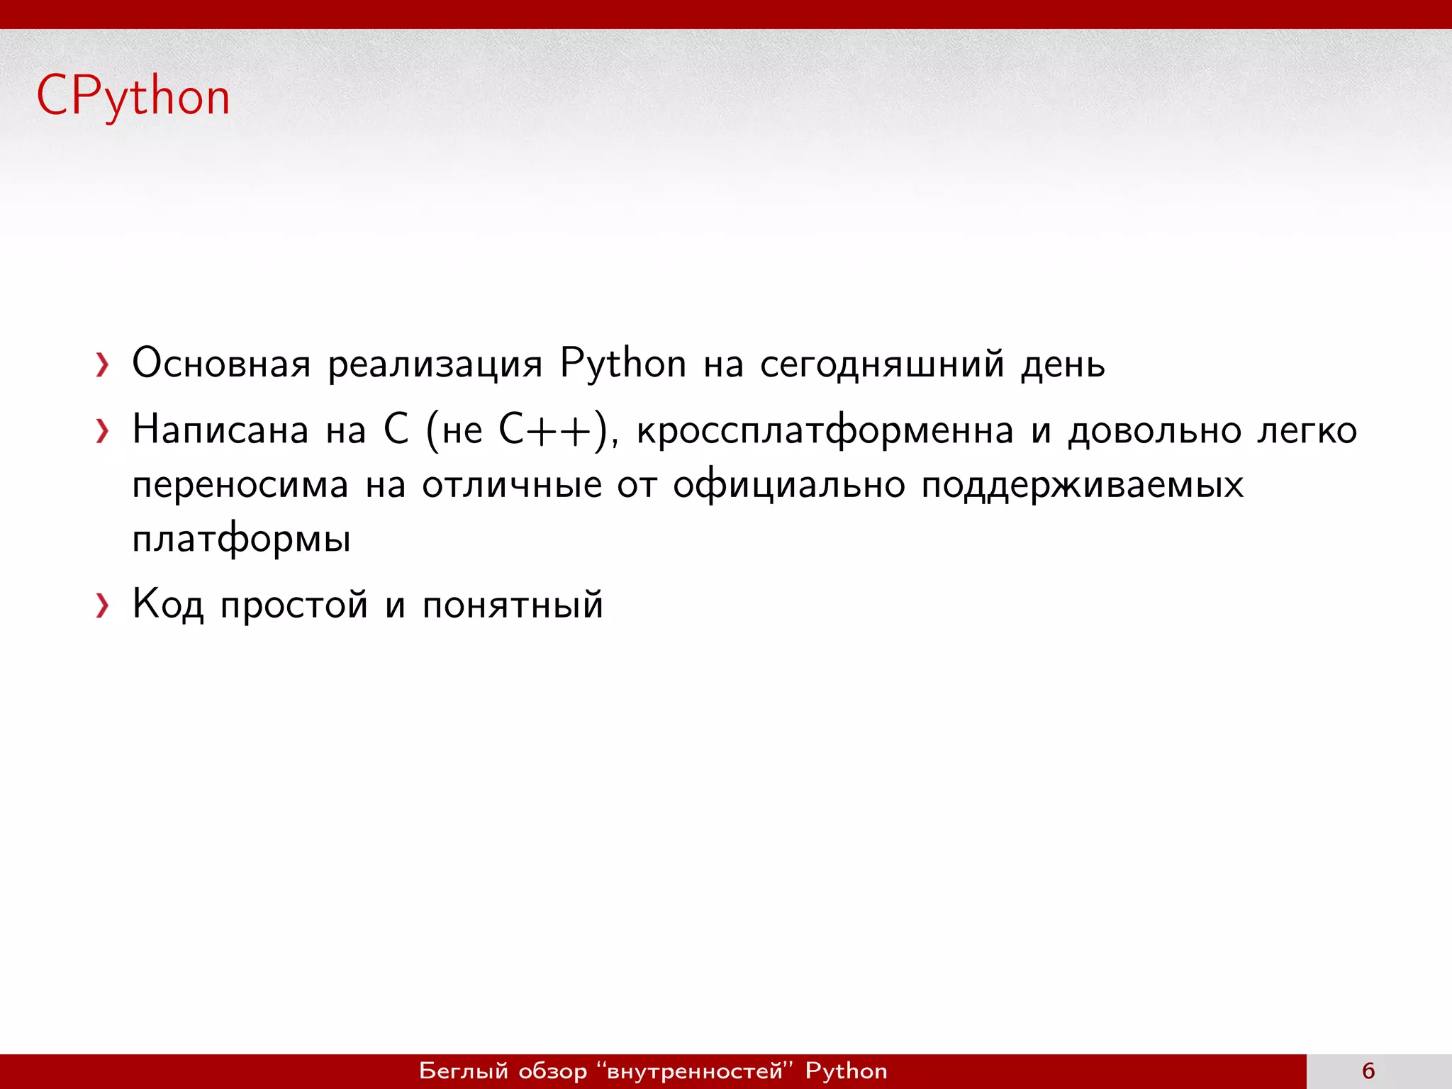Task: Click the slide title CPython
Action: [x=133, y=97]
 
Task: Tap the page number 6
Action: [x=1368, y=1071]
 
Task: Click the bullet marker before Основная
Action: [x=103, y=366]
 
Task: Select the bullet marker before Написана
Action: [x=103, y=431]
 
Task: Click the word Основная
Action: [x=221, y=364]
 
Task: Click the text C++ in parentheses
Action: [x=545, y=430]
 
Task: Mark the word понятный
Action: [x=512, y=605]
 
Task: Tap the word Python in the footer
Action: [x=846, y=1071]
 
